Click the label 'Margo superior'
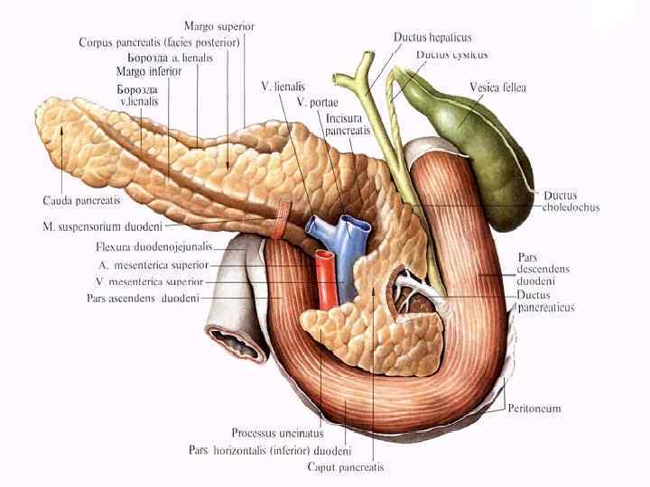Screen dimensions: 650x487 point(218,26)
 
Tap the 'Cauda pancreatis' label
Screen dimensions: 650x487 point(78,199)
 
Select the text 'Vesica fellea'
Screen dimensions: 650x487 point(497,87)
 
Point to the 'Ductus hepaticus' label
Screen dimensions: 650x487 point(432,37)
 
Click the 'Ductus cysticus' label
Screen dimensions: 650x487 point(451,55)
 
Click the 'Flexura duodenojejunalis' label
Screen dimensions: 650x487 point(154,246)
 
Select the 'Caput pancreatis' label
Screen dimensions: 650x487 point(346,467)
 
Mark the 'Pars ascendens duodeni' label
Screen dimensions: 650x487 point(143,298)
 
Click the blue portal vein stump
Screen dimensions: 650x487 point(346,234)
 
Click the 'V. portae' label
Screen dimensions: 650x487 point(323,102)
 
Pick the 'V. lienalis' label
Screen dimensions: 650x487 point(282,87)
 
